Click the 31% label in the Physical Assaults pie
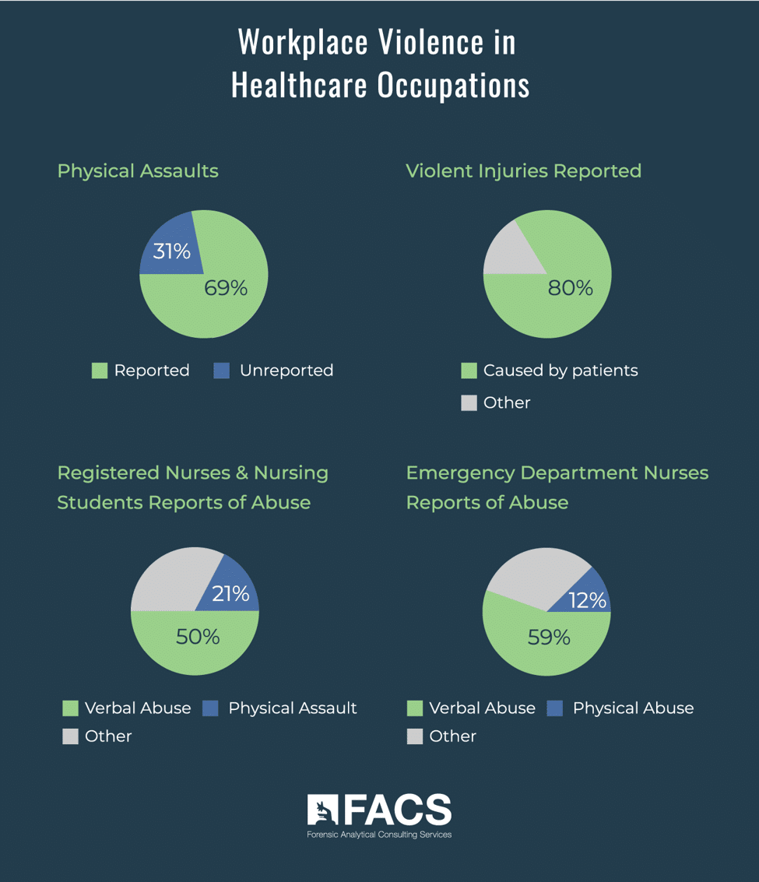click(171, 251)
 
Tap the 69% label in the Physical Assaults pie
click(226, 288)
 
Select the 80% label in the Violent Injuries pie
click(570, 288)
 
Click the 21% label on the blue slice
click(230, 594)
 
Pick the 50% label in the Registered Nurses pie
click(198, 637)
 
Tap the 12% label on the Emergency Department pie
click(587, 600)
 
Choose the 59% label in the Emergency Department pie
click(549, 638)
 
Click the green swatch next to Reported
click(100, 371)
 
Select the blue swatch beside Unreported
click(222, 371)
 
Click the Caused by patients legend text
click(560, 371)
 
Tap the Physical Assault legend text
click(293, 708)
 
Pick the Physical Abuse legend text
click(633, 708)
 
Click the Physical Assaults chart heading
click(138, 170)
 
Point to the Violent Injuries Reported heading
click(523, 170)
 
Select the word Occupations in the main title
click(454, 85)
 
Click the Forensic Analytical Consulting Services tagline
click(379, 835)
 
